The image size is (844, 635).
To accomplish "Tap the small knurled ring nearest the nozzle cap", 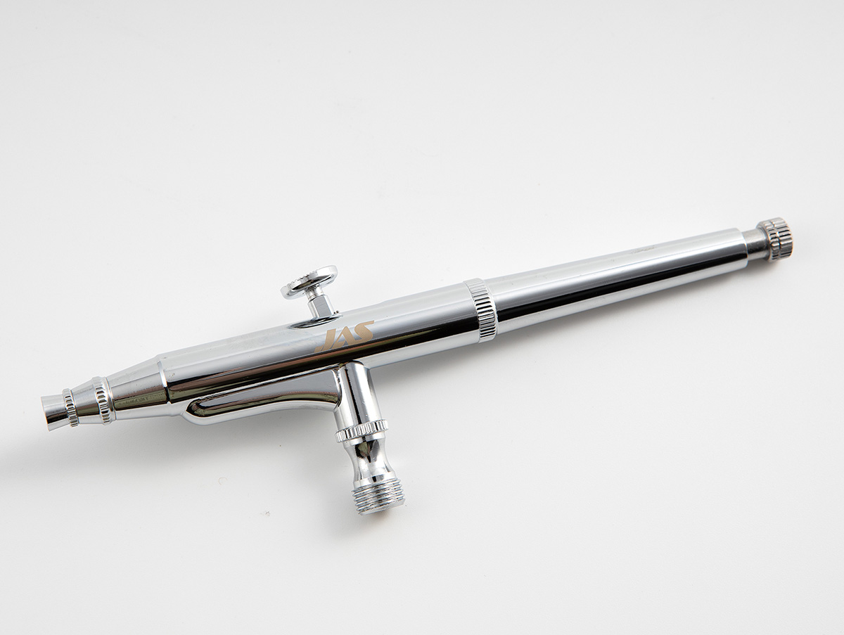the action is [70, 408].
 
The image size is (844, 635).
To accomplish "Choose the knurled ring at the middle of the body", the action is [480, 312].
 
